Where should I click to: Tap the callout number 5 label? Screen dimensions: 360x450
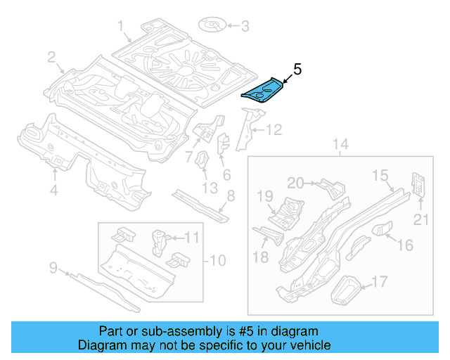tap(297, 69)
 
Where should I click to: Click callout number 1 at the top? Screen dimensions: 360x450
tap(121, 27)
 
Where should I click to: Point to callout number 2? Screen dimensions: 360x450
tap(51, 57)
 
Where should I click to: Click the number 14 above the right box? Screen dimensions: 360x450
tap(340, 146)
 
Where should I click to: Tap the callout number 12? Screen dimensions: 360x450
tap(273, 129)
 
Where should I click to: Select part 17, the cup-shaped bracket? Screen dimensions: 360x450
tap(345, 289)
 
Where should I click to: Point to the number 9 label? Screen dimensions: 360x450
tap(53, 266)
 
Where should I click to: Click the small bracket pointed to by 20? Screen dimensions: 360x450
tap(330, 187)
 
